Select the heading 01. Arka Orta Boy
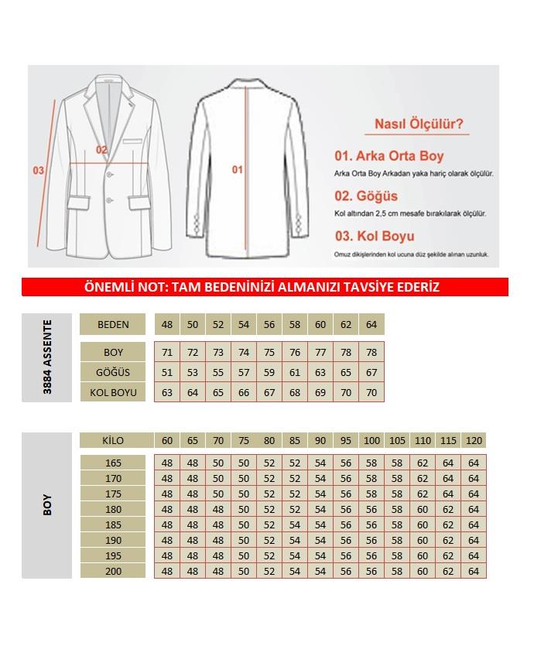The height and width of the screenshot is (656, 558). [x=389, y=156]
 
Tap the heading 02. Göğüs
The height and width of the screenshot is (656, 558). [x=366, y=196]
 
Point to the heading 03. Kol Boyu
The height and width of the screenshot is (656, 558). [x=375, y=237]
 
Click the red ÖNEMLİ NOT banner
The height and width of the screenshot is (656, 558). [x=265, y=287]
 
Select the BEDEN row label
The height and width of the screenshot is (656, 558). [x=113, y=324]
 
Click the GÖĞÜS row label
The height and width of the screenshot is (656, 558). [x=113, y=373]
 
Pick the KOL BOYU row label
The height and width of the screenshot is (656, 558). [x=113, y=392]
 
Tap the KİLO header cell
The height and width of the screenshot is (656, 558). [x=113, y=441]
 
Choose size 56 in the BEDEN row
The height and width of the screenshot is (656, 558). [x=269, y=324]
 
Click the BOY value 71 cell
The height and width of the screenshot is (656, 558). [x=167, y=353]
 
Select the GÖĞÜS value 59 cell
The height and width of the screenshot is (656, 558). [x=269, y=373]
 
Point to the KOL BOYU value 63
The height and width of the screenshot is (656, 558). [x=167, y=392]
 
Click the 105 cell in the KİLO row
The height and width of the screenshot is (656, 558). [x=397, y=441]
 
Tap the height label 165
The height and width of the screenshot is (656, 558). [x=113, y=463]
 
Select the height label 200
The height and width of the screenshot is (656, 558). [x=113, y=571]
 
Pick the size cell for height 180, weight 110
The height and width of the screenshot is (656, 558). [x=423, y=509]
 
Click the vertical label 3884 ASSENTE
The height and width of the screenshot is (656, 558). [x=48, y=357]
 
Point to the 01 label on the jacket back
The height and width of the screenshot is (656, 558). [x=238, y=169]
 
